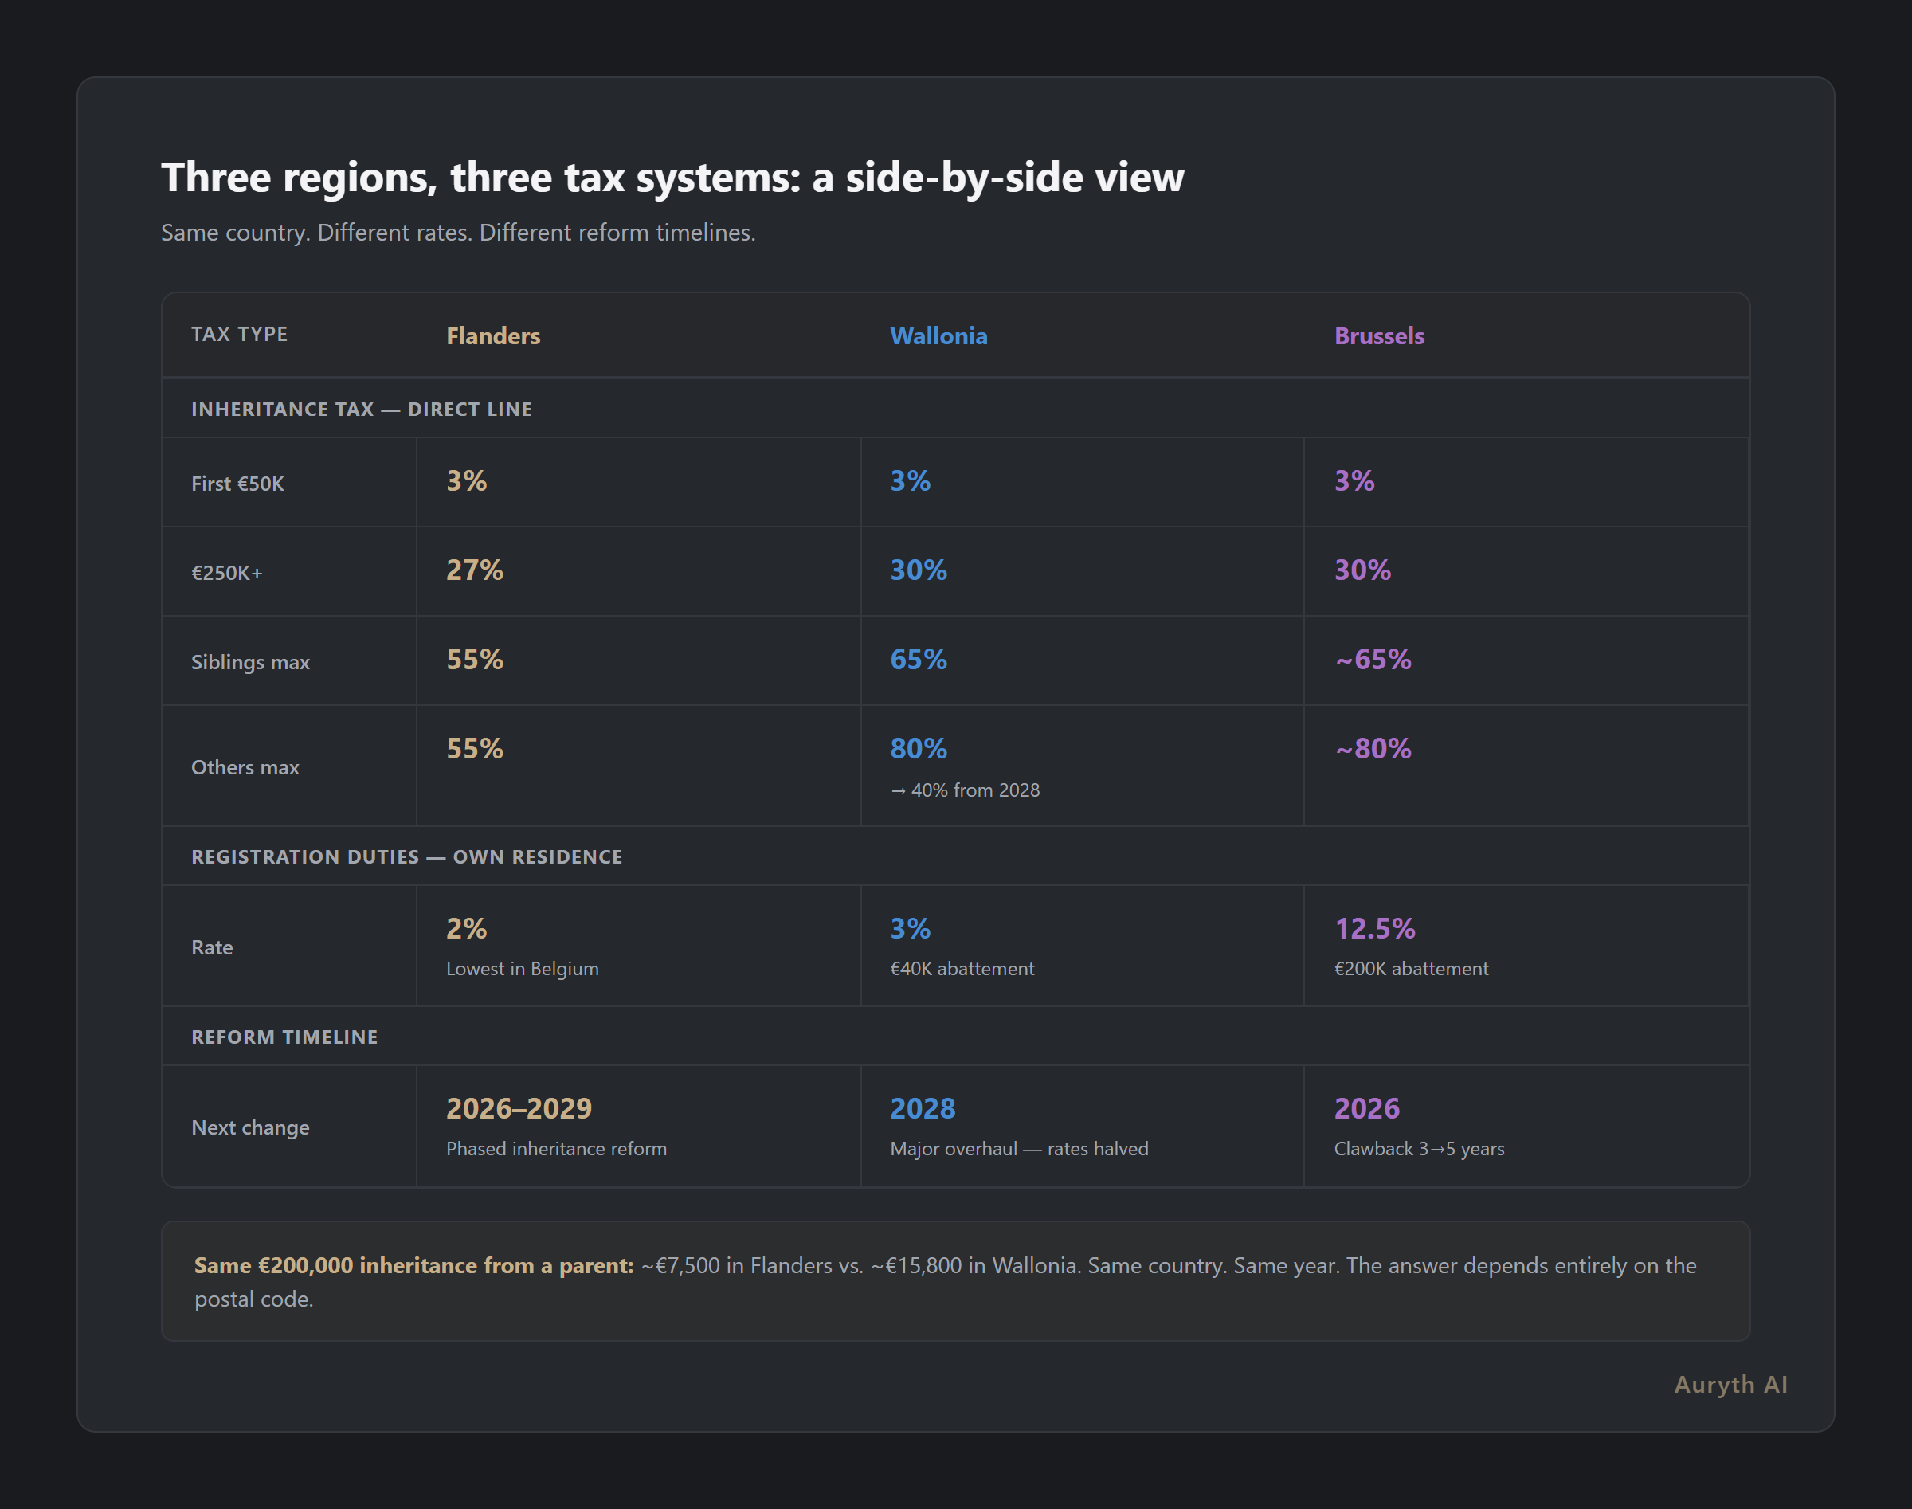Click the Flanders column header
pos(493,335)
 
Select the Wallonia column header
pos(938,335)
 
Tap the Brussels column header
pos(1378,335)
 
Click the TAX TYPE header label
pos(240,334)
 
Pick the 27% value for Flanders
pos(475,570)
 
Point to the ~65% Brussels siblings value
pos(1372,659)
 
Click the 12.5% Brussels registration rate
pos(1374,928)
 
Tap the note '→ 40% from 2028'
pos(965,790)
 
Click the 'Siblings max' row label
pos(250,662)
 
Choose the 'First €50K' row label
pos(237,484)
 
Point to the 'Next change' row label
pos(250,1127)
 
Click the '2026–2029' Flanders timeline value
pos(519,1108)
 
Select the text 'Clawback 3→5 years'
pos(1418,1149)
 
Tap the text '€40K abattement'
pos(962,968)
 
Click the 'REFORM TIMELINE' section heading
pos(284,1037)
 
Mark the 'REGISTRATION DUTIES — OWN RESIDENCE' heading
pos(406,856)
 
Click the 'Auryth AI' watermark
pos(1730,1384)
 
